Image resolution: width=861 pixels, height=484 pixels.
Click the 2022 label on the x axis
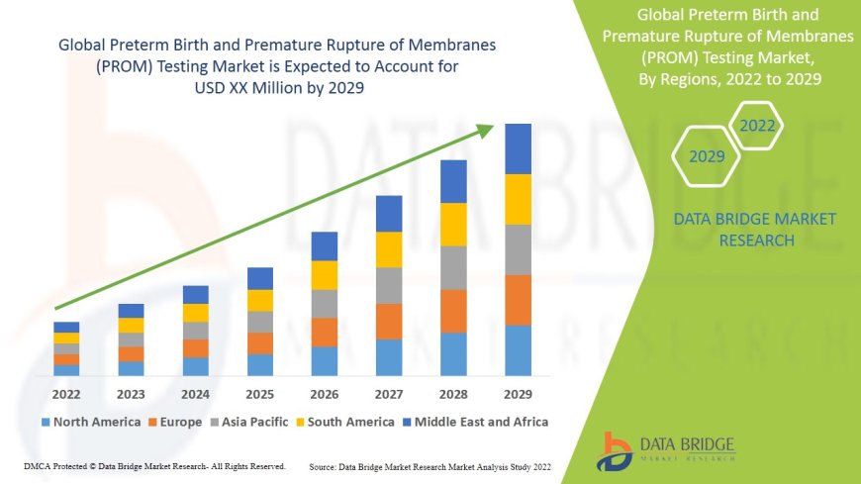pyautogui.click(x=66, y=394)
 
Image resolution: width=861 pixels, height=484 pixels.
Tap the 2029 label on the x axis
pyautogui.click(x=518, y=394)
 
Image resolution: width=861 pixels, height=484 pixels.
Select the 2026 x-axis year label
pyautogui.click(x=325, y=394)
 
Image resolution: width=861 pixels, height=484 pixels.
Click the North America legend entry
pyautogui.click(x=91, y=422)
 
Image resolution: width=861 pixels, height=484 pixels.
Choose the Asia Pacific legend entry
pyautogui.click(x=255, y=422)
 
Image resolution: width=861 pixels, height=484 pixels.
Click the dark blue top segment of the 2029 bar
pyautogui.click(x=518, y=148)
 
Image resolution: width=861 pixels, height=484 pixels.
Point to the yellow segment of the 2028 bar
pyautogui.click(x=453, y=224)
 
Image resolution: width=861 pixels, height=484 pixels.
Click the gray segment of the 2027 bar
pyautogui.click(x=389, y=285)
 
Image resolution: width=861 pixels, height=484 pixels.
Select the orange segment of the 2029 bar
pyautogui.click(x=518, y=300)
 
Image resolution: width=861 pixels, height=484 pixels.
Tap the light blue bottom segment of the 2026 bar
pyautogui.click(x=325, y=360)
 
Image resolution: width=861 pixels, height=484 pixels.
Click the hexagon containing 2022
pyautogui.click(x=757, y=126)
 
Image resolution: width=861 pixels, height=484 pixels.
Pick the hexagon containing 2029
pyautogui.click(x=707, y=156)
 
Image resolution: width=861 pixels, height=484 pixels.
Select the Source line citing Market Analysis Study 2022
pyautogui.click(x=430, y=465)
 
